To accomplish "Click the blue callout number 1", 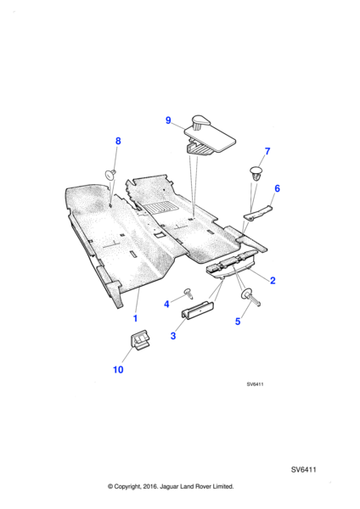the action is (x=136, y=318).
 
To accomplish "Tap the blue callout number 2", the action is (x=273, y=281).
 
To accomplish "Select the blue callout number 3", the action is (x=173, y=336).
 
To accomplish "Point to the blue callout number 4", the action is (x=166, y=305).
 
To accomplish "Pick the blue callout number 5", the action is (x=238, y=322).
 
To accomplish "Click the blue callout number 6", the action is (x=277, y=188).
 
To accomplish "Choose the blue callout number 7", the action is (x=267, y=151).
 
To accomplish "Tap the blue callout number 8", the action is (x=118, y=141).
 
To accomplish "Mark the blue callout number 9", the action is (x=168, y=120).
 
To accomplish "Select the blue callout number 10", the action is (x=118, y=369).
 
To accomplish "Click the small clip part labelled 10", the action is (x=140, y=340).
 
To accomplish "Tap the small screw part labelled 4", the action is (x=188, y=293).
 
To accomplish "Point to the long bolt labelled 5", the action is (x=250, y=297).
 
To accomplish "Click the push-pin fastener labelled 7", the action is (x=256, y=173).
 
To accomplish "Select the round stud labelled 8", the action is (x=110, y=173).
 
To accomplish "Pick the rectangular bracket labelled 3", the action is (x=198, y=309).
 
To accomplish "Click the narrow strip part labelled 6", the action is (x=258, y=213).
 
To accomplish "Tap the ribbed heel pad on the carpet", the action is (x=159, y=208).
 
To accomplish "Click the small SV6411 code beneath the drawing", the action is (x=255, y=384).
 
